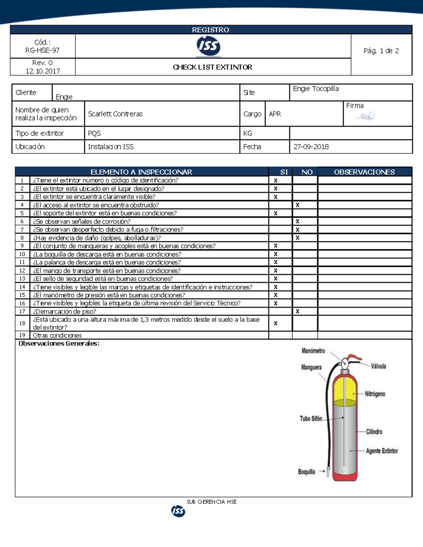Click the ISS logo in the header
[208, 46]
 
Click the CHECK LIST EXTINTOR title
[213, 67]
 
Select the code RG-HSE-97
[42, 50]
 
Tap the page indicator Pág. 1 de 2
[381, 51]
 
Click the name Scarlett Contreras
[115, 114]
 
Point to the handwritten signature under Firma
[366, 117]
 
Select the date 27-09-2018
[311, 147]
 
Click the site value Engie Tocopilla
[316, 89]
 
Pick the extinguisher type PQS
[94, 133]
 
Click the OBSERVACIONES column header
[364, 172]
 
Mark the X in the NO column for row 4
[298, 205]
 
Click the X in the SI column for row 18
[276, 323]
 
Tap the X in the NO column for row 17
[298, 311]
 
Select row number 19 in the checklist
[22, 335]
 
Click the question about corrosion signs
[82, 222]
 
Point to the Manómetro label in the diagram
[313, 351]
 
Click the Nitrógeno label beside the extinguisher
[375, 394]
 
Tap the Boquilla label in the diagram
[306, 472]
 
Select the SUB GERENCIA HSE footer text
[211, 502]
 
